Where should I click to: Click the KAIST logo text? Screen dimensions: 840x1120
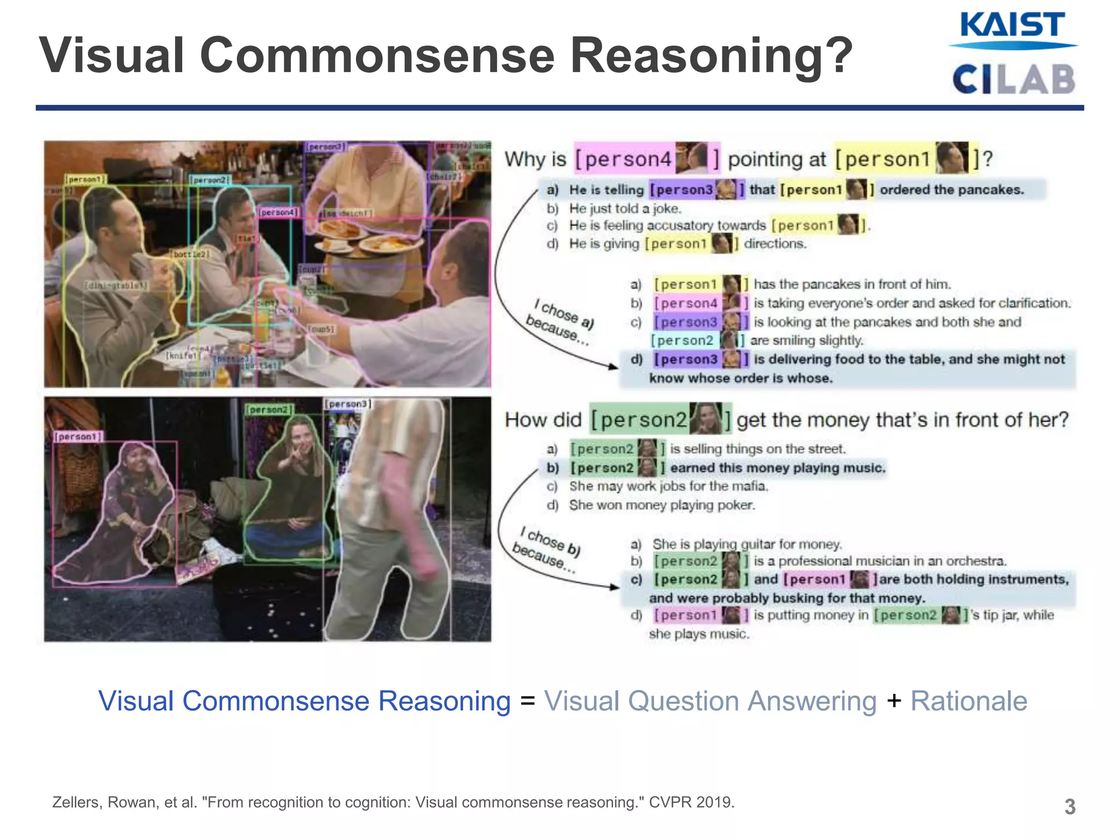1012,25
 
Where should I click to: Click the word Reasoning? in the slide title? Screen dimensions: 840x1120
711,55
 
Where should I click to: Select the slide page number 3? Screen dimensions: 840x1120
1070,807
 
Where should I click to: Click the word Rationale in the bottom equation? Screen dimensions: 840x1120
969,701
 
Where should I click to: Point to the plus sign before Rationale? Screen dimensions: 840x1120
894,701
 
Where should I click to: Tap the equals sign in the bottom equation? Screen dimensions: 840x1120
527,701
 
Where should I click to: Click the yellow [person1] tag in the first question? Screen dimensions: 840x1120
906,159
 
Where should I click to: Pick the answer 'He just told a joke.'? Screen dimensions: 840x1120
625,208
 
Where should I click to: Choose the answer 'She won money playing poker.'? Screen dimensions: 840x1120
662,505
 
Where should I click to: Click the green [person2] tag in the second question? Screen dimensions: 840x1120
660,419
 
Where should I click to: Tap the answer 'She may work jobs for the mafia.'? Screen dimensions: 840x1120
668,486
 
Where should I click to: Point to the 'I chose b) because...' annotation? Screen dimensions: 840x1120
547,550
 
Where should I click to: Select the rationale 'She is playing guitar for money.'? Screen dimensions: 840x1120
746,544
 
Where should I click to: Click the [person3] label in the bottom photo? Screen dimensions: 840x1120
348,404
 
